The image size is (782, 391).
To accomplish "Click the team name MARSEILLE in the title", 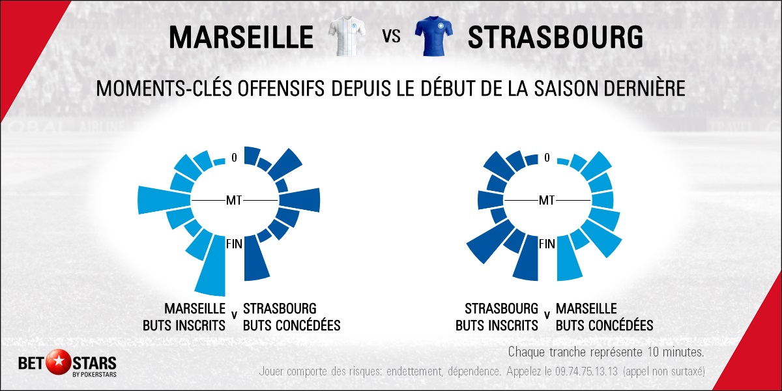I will tap(240, 37).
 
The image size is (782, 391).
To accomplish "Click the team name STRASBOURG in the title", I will tap(555, 37).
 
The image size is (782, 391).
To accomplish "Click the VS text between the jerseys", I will tap(390, 37).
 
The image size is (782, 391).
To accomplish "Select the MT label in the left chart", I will tap(234, 200).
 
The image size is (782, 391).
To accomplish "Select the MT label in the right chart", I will tap(546, 200).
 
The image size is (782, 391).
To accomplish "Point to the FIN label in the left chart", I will tap(235, 244).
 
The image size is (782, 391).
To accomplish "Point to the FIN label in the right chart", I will tap(547, 244).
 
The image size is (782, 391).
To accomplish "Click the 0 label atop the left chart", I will tap(234, 157).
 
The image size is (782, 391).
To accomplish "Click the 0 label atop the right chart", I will tap(547, 157).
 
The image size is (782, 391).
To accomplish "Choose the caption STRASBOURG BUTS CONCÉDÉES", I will tap(291, 317).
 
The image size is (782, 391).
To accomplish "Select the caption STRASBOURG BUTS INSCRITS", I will tap(497, 317).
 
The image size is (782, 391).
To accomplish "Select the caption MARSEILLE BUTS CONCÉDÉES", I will tap(604, 317).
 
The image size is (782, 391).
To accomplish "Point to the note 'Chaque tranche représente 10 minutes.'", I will tap(606, 353).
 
